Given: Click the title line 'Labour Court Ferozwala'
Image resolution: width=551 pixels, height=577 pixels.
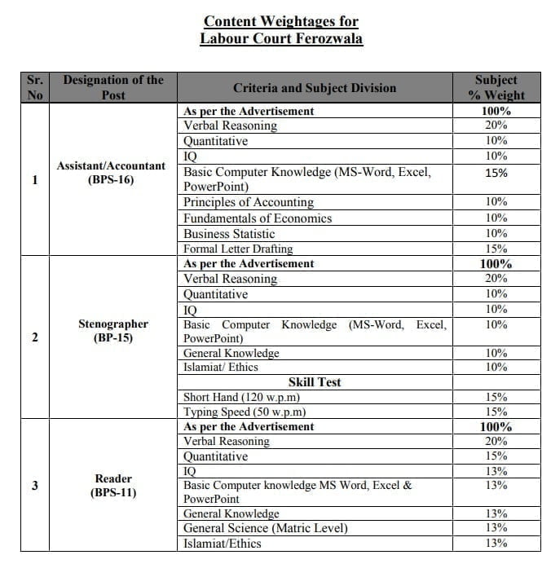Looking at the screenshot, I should tap(280, 38).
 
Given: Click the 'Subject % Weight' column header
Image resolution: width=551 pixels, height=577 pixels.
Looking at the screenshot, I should tap(496, 88).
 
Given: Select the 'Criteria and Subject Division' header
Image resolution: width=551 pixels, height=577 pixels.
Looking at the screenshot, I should tap(315, 88).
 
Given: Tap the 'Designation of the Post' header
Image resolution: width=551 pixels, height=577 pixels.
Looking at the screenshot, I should tap(113, 88).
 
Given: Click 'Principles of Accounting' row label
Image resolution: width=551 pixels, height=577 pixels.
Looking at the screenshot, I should tap(248, 202).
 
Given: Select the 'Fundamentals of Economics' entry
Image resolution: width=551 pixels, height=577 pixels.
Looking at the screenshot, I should tap(258, 218).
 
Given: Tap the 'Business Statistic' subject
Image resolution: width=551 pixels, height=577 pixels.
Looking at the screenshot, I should tap(229, 234).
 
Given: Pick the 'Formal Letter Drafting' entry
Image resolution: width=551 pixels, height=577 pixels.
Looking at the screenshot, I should tap(238, 249).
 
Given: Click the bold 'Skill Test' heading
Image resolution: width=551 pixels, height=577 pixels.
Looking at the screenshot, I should tap(315, 382).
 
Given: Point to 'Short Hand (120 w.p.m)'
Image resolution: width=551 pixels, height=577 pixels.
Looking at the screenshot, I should tap(242, 398).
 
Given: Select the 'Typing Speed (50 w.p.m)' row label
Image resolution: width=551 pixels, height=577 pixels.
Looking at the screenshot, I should tap(245, 412).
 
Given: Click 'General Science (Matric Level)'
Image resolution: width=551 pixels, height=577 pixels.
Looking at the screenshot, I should tap(265, 528).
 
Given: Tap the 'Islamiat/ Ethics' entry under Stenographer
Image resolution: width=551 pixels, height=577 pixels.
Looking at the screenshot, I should tap(221, 368).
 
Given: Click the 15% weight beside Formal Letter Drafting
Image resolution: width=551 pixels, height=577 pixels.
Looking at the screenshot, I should tap(496, 249).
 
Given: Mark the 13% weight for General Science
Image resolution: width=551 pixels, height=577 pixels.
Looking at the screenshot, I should tap(496, 528).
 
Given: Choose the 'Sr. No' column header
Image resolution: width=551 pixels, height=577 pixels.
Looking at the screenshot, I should tap(35, 88).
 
